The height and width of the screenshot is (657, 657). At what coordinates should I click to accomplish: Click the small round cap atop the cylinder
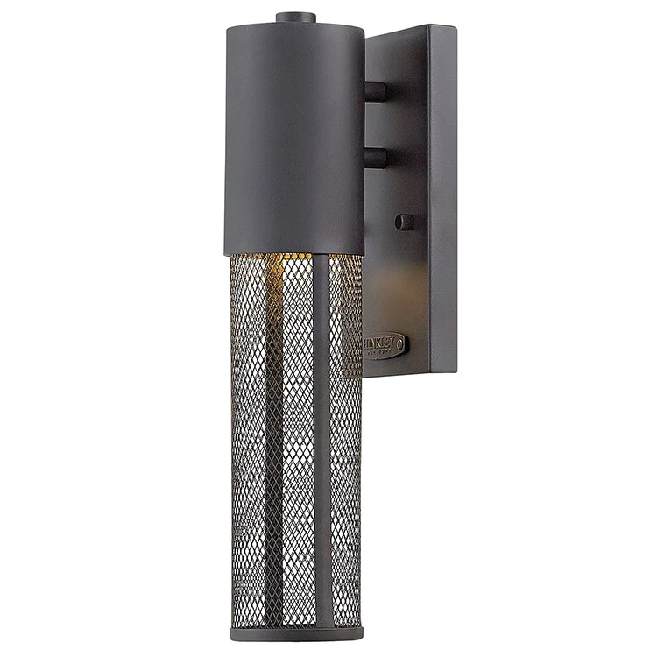[294, 17]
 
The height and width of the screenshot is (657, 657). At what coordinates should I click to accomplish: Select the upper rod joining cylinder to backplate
[375, 92]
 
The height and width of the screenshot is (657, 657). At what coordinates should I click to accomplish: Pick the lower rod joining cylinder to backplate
[375, 157]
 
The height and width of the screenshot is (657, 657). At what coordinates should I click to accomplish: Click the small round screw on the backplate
[404, 222]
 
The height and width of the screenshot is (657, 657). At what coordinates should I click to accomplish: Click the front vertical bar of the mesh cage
[321, 438]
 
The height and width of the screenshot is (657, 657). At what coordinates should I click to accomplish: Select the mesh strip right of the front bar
[346, 438]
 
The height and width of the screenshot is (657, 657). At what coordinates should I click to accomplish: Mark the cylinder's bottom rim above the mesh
[293, 251]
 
